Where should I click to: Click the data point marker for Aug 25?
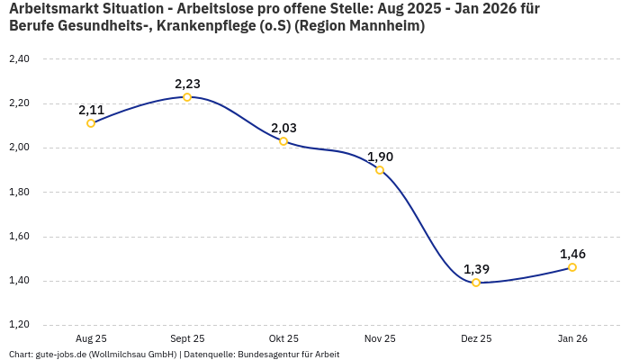click(x=91, y=123)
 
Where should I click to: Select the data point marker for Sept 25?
click(x=187, y=97)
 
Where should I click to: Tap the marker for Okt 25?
click(x=283, y=141)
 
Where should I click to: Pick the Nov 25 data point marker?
click(x=380, y=170)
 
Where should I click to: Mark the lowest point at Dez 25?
click(x=476, y=283)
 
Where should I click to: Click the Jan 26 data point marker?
click(x=572, y=267)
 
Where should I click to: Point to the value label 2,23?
click(x=187, y=84)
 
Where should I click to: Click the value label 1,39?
click(x=476, y=269)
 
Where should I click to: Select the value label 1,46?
click(x=572, y=254)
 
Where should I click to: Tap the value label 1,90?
click(x=380, y=157)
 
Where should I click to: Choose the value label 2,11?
click(x=91, y=110)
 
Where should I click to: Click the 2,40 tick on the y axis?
click(x=18, y=59)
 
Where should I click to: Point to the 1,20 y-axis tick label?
click(x=18, y=325)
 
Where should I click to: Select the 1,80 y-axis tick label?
click(x=18, y=193)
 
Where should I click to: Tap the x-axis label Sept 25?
click(x=187, y=338)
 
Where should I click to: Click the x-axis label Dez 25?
click(x=476, y=338)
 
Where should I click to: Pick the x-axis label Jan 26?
click(x=572, y=338)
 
